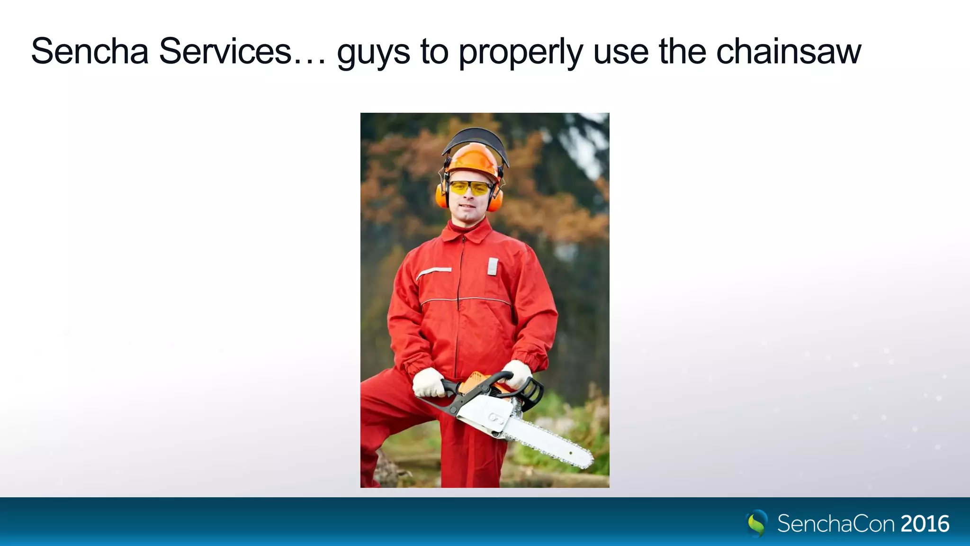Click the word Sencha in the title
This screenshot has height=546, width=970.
point(90,51)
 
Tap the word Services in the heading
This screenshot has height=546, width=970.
point(225,51)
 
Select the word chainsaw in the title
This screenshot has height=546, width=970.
point(789,51)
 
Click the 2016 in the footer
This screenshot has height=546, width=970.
point(925,524)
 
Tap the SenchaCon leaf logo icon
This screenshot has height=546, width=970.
point(757,523)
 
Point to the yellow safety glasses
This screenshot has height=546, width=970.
point(470,188)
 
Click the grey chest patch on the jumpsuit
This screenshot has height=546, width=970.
point(493,266)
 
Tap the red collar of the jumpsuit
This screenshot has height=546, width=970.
point(467,232)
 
